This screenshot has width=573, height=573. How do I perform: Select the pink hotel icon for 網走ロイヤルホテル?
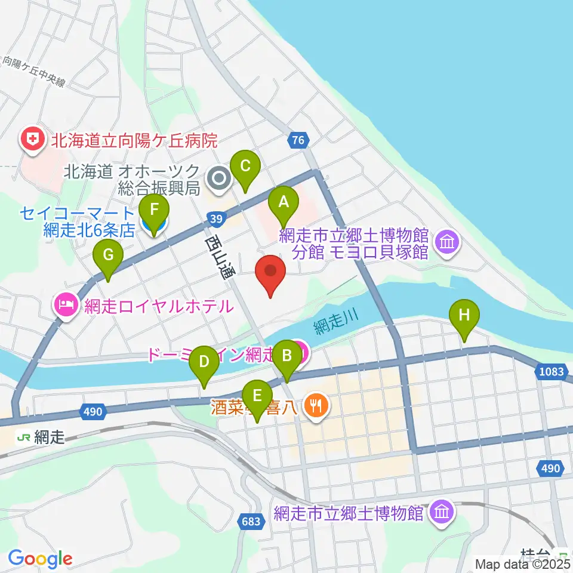(64, 306)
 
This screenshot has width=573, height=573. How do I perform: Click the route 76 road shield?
(298, 141)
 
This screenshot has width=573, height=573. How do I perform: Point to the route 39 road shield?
(217, 219)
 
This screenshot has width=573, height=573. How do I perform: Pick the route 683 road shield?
(251, 522)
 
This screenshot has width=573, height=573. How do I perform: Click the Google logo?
(40, 559)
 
